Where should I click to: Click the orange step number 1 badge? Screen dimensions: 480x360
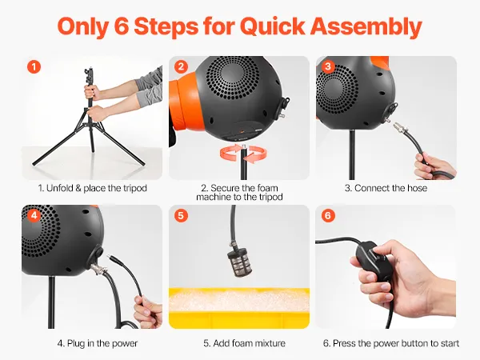[34, 66]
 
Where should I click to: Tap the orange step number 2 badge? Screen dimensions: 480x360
[181, 66]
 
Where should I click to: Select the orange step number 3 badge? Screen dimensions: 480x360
[328, 66]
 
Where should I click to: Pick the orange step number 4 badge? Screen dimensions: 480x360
[34, 215]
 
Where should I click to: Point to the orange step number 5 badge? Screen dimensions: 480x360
[181, 215]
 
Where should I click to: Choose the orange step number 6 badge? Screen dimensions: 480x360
[328, 215]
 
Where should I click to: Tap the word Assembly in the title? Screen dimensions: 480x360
[366, 27]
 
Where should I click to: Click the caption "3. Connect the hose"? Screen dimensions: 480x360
[386, 188]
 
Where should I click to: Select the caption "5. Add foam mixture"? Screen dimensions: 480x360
[244, 343]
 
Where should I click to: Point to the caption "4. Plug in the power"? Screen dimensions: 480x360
[98, 343]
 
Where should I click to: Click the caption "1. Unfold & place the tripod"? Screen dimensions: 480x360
[93, 188]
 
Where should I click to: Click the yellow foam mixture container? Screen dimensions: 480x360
[239, 308]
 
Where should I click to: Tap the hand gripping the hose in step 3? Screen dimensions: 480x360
[435, 167]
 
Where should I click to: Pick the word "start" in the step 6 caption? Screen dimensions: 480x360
[449, 343]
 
